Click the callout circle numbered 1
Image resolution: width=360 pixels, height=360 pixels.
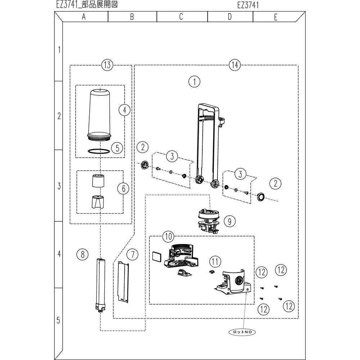click(194, 81)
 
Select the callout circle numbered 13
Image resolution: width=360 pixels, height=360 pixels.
click(107, 65)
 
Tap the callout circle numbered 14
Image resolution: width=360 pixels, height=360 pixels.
click(234, 65)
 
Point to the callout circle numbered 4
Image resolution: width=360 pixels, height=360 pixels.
click(125, 110)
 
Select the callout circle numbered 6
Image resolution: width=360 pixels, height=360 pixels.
click(123, 188)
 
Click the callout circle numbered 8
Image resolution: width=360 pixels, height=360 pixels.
click(82, 255)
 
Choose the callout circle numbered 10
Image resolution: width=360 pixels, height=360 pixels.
click(168, 237)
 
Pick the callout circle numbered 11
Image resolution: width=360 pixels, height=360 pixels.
click(215, 261)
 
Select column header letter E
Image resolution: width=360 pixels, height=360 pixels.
click(275, 17)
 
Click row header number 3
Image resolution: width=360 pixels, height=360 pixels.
click(59, 186)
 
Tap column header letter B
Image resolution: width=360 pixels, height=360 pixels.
click(132, 17)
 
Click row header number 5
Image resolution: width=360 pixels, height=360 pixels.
click(59, 320)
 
